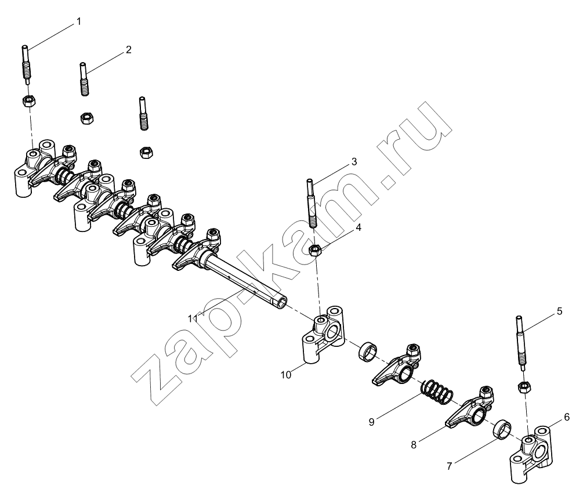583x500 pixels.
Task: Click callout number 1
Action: point(78,22)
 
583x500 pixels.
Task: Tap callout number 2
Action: point(128,50)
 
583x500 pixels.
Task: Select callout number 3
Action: point(354,162)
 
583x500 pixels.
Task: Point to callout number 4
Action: point(359,227)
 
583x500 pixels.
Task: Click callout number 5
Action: point(560,311)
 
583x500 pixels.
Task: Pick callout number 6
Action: point(567,418)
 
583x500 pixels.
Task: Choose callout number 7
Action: point(449,466)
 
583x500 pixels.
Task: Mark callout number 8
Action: point(414,445)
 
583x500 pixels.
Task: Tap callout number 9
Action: point(371,422)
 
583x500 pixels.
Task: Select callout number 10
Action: point(286,375)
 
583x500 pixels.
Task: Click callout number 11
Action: point(193,318)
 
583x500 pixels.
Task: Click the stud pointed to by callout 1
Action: point(27,65)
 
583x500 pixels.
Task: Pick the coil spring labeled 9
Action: point(437,392)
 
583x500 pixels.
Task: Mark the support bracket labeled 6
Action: point(531,455)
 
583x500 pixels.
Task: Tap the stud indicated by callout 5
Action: point(520,343)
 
